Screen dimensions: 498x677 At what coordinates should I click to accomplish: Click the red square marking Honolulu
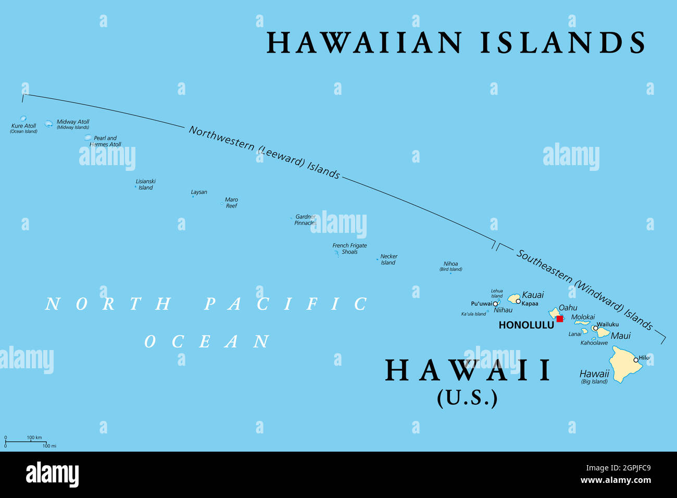click(559, 319)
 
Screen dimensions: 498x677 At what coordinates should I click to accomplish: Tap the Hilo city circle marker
click(636, 359)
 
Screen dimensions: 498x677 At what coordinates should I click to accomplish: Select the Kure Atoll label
click(23, 126)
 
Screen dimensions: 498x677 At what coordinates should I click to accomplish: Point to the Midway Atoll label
click(73, 122)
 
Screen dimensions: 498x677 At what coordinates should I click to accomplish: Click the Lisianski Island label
click(145, 184)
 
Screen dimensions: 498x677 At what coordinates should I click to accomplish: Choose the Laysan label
click(199, 192)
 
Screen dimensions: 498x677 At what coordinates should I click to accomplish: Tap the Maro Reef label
click(231, 203)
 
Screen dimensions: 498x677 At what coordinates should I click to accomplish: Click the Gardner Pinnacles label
click(305, 220)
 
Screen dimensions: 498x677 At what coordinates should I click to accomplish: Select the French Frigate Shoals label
click(349, 248)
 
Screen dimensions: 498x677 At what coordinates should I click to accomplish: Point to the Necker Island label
click(388, 259)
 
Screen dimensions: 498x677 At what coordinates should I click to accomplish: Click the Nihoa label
click(450, 264)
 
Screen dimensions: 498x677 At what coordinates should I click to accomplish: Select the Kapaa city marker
click(518, 301)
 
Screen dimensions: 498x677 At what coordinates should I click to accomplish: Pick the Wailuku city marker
click(595, 328)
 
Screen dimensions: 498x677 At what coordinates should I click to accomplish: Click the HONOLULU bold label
click(526, 325)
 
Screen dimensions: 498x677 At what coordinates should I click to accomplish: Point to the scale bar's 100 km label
click(34, 438)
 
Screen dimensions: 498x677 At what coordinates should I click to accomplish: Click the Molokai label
click(583, 317)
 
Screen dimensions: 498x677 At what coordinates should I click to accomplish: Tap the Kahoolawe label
click(594, 343)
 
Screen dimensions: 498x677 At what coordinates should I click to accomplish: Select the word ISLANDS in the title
click(562, 43)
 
